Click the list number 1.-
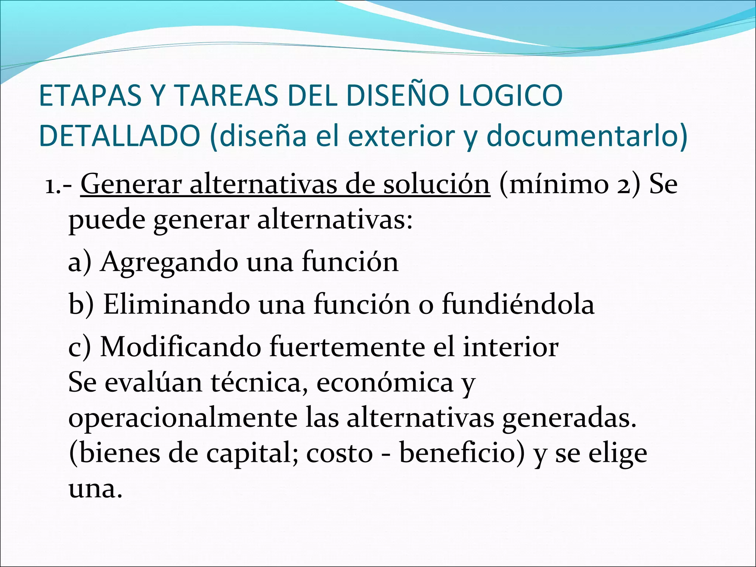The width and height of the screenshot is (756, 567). [x=59, y=185]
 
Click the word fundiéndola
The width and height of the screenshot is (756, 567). [x=518, y=304]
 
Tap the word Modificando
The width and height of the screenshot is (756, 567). [x=181, y=347]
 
